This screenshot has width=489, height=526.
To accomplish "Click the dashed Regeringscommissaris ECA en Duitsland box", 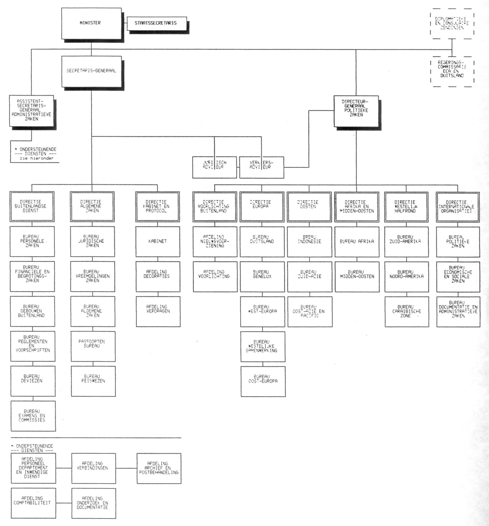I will pos(452,71).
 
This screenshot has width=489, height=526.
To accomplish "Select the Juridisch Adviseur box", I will pos(214,167).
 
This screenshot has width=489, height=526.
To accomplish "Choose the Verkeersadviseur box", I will pos(261,167).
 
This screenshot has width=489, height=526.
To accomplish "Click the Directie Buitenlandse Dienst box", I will pos(32,206).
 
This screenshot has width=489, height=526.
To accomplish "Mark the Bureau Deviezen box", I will pos(33,381).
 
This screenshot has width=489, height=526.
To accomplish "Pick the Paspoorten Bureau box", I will pos(93,346).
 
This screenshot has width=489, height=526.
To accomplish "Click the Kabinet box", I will pos(158,241).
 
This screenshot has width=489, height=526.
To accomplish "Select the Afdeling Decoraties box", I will pos(158,276).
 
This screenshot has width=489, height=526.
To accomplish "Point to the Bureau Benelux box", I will pos(262,276).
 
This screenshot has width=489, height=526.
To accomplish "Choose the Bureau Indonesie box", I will pos(309,241).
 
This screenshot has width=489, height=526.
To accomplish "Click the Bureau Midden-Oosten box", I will pos(357,276).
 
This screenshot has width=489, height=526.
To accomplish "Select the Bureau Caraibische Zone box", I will pos(407,311).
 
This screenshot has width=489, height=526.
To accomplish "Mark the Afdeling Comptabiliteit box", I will pos(33,503).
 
